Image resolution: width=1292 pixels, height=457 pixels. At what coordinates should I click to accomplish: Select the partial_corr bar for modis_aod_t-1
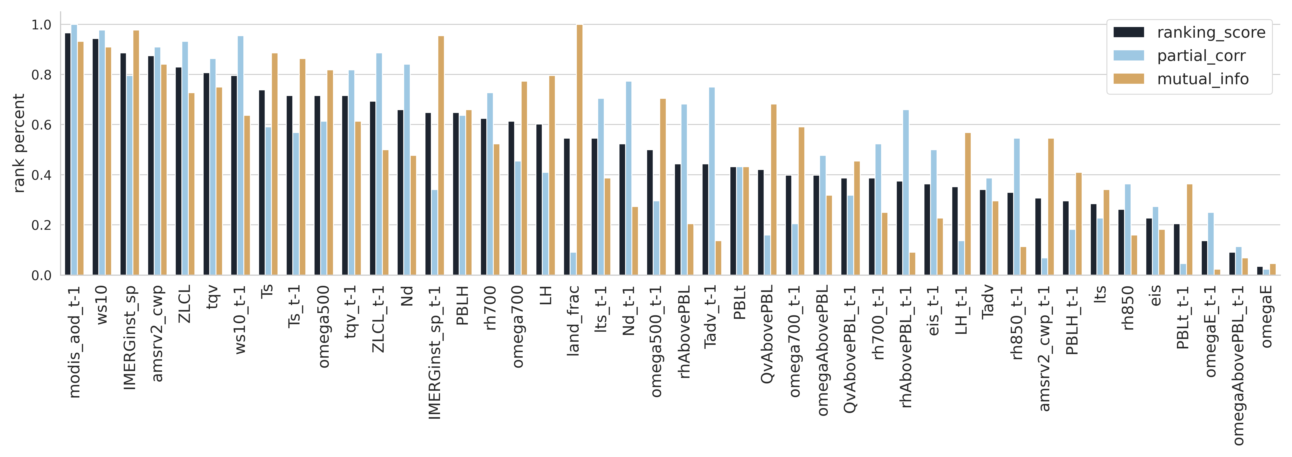click(x=74, y=150)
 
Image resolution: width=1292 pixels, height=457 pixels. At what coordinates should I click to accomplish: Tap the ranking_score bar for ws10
click(x=95, y=157)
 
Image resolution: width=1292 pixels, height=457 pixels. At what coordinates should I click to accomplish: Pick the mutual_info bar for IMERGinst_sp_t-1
click(x=441, y=156)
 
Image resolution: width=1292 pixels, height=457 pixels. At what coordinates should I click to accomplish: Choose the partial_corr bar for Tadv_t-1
click(x=712, y=181)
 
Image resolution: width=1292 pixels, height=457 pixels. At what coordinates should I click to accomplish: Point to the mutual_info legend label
click(x=1203, y=79)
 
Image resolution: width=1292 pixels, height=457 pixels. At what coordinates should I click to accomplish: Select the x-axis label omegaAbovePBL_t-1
click(x=1238, y=365)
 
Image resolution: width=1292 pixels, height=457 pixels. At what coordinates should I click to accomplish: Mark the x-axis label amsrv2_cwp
click(x=157, y=334)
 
